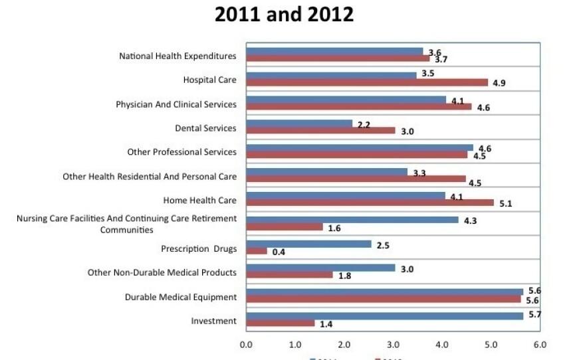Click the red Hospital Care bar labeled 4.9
tap(367, 83)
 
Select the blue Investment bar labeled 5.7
tap(384, 315)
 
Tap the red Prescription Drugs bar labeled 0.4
tap(257, 251)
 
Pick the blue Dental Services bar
tap(299, 124)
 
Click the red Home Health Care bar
tap(370, 203)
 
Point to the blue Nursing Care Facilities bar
tap(352, 219)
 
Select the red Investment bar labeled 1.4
tap(280, 323)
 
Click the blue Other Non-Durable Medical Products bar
tap(320, 268)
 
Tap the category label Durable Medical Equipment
tap(181, 297)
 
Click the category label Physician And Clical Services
tap(176, 104)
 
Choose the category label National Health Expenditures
tap(177, 56)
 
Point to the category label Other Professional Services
tap(181, 152)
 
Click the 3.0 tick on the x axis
tap(393, 345)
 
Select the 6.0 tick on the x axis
tap(540, 345)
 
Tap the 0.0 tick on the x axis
tap(246, 345)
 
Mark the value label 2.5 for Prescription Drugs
tap(382, 245)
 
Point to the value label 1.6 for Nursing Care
tap(334, 228)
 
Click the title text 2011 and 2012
tap(284, 15)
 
